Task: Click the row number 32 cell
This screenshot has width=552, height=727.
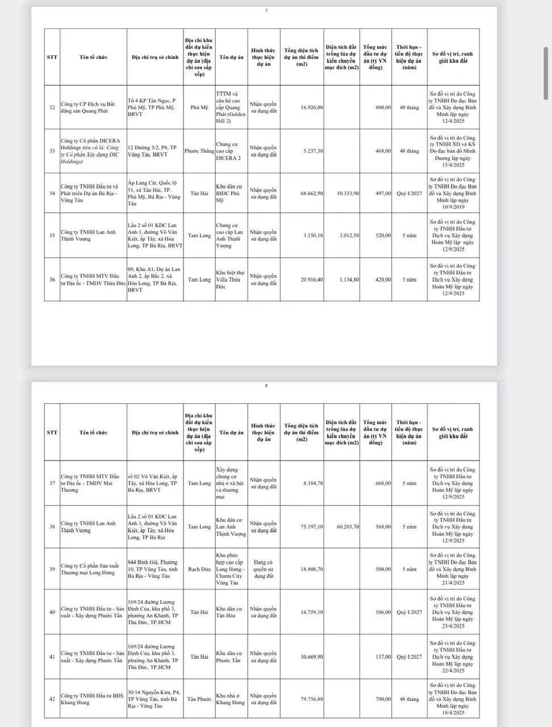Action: pyautogui.click(x=52, y=107)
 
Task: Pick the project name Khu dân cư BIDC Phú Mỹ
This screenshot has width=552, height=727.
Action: pyautogui.click(x=231, y=193)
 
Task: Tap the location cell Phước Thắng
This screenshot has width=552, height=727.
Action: pyautogui.click(x=199, y=151)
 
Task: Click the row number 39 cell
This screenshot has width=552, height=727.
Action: pyautogui.click(x=52, y=569)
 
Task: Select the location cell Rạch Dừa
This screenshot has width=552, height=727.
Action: pyautogui.click(x=199, y=569)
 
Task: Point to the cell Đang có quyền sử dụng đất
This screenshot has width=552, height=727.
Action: pyautogui.click(x=264, y=569)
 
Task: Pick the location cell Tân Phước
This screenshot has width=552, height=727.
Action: pyautogui.click(x=199, y=699)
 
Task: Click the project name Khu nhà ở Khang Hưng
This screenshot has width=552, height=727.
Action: pyautogui.click(x=231, y=699)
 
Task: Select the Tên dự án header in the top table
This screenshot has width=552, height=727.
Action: pyautogui.click(x=231, y=57)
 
